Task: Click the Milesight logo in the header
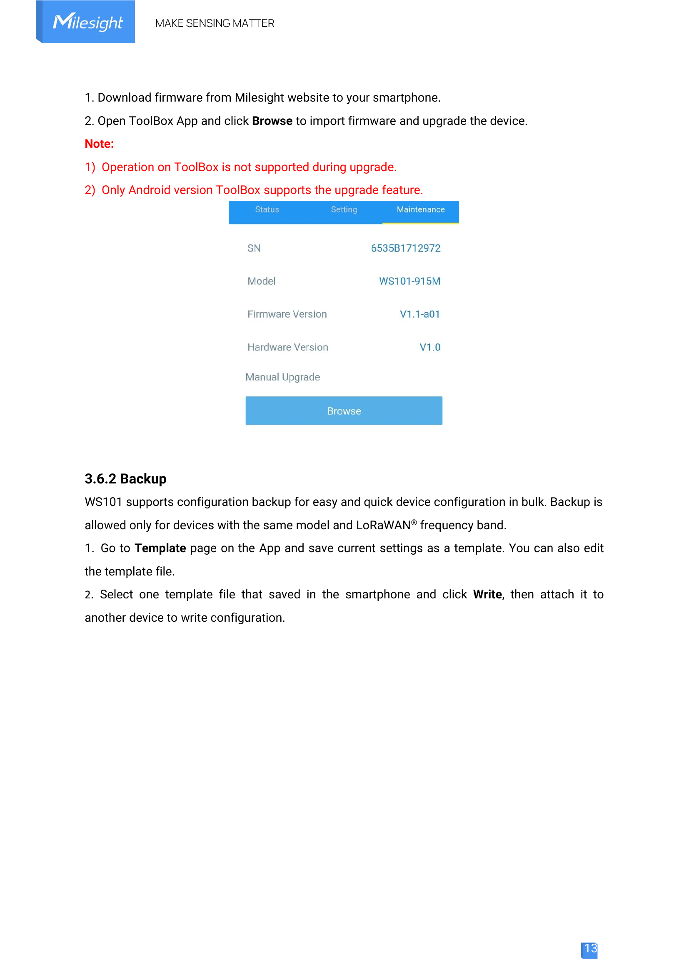coord(87,22)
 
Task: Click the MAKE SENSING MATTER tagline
coord(215,23)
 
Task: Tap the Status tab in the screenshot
coord(267,209)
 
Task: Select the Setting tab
coord(344,209)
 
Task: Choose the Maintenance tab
coord(420,209)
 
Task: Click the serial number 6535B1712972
coord(406,248)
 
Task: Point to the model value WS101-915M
coord(409,281)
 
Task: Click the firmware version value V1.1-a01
coord(419,314)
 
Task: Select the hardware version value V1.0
coord(430,347)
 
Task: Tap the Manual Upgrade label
coord(282,377)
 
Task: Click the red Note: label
coord(99,144)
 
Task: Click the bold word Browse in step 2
coord(272,121)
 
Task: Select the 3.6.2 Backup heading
coord(125,479)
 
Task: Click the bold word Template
coord(160,548)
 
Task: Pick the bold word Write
coord(487,595)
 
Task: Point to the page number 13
coord(590,949)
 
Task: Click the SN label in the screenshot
coord(254,248)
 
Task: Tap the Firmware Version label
coord(287,314)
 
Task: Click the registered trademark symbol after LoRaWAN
coord(414,523)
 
